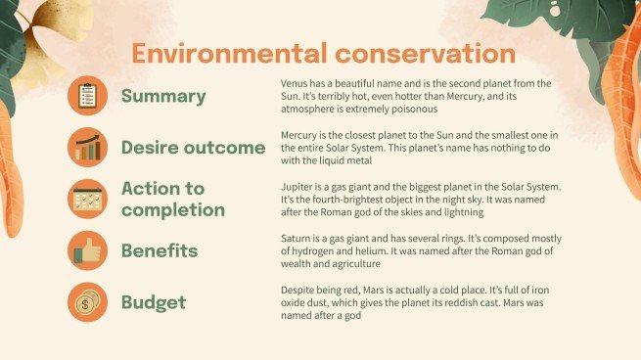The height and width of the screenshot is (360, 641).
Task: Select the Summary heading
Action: (x=162, y=96)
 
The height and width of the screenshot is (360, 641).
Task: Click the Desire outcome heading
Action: (x=193, y=148)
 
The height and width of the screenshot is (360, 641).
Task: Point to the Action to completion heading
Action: (x=172, y=199)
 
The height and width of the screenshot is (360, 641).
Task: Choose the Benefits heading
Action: (x=159, y=250)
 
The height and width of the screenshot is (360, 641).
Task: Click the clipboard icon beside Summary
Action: (x=87, y=96)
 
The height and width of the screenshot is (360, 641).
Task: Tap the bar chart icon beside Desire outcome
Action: (x=87, y=148)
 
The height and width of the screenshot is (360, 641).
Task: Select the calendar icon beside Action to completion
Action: (x=87, y=200)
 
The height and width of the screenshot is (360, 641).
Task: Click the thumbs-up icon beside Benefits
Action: (x=87, y=250)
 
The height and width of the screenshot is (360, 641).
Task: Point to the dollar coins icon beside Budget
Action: (x=87, y=302)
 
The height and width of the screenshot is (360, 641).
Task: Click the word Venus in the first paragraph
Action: (x=294, y=83)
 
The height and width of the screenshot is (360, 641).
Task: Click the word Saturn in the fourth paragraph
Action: (x=297, y=239)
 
